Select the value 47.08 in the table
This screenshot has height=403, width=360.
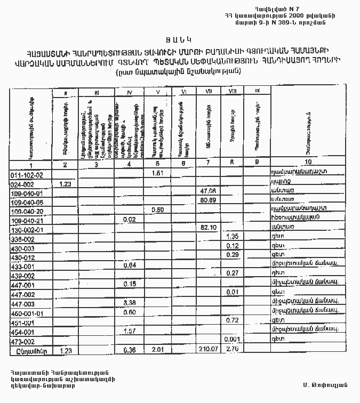pos(207,191)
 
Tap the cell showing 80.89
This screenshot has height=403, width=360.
pos(207,200)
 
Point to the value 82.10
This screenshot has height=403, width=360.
pos(207,228)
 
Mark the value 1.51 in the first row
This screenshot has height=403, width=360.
pos(157,173)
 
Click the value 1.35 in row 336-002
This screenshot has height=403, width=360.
pos(232,236)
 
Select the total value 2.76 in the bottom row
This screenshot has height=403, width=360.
pos(231,349)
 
